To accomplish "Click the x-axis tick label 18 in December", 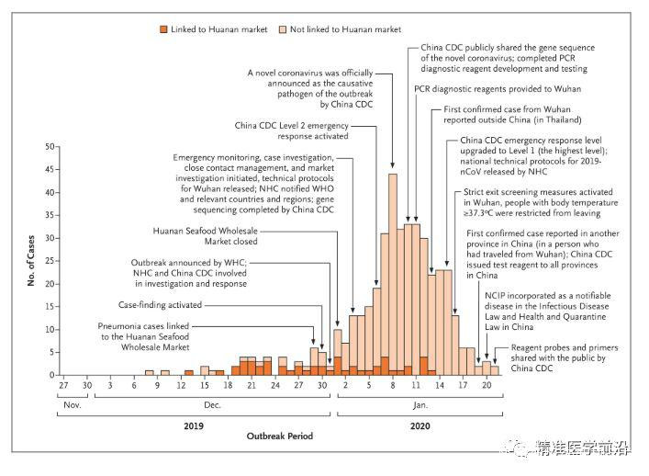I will click(x=227, y=387).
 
